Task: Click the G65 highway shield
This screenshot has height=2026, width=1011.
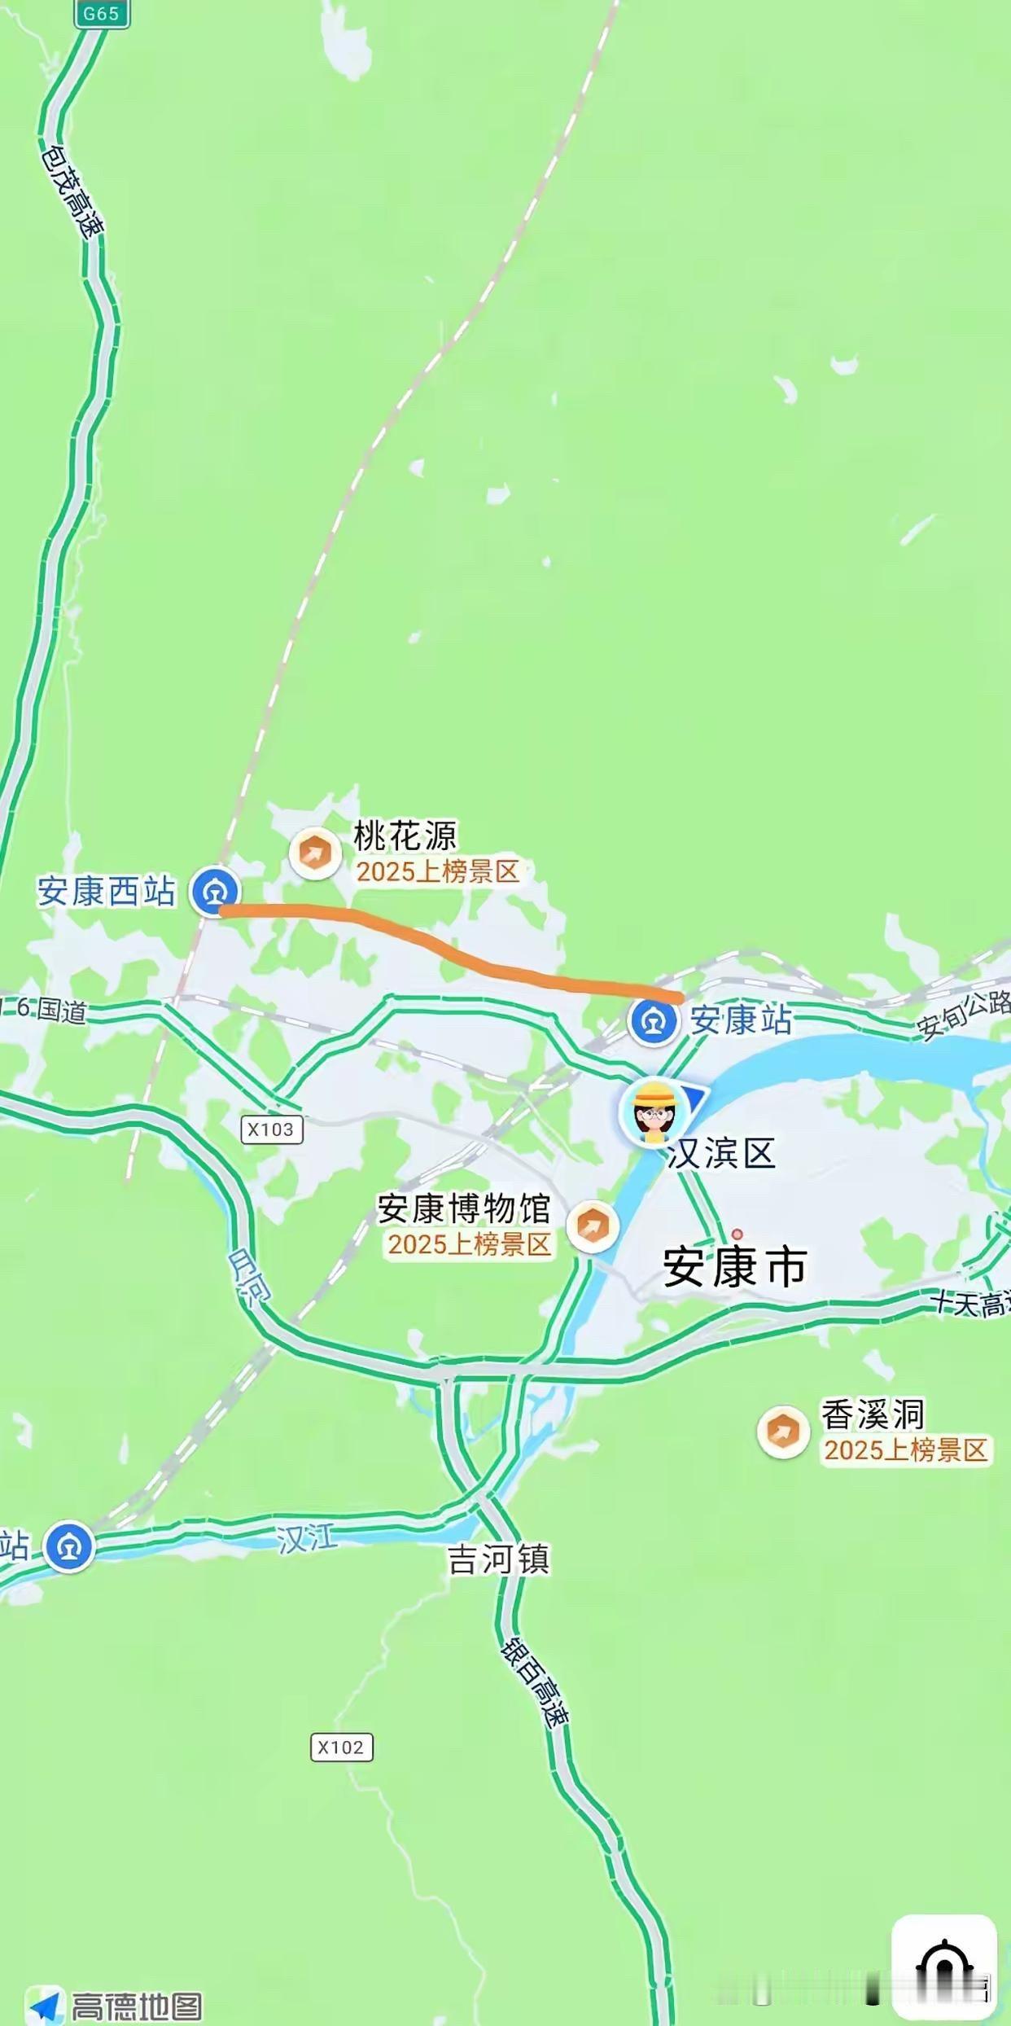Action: (x=102, y=14)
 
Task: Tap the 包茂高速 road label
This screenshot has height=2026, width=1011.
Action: (x=72, y=191)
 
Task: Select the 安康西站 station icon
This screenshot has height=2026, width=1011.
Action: (x=215, y=892)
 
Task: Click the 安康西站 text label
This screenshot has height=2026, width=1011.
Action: (x=106, y=892)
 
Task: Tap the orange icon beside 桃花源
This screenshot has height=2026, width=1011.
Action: (x=315, y=853)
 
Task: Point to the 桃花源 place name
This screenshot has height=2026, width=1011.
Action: (x=405, y=835)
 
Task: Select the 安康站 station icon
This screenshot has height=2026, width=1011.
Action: (x=653, y=1021)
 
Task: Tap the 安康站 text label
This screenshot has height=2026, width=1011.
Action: (x=741, y=1020)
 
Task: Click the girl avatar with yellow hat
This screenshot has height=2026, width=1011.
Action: (x=654, y=1111)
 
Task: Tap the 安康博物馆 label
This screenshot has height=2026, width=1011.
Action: (x=464, y=1209)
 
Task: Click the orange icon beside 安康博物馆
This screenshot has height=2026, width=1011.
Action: (x=593, y=1226)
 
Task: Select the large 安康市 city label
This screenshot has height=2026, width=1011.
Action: (x=735, y=1267)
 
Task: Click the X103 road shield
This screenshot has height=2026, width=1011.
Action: (x=272, y=1129)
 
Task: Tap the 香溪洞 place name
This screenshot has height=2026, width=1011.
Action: (x=872, y=1414)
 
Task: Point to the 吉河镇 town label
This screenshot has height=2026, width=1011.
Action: (x=498, y=1559)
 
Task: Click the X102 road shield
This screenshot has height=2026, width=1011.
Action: (x=341, y=1747)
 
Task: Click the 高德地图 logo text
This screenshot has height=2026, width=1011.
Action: (x=136, y=2006)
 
